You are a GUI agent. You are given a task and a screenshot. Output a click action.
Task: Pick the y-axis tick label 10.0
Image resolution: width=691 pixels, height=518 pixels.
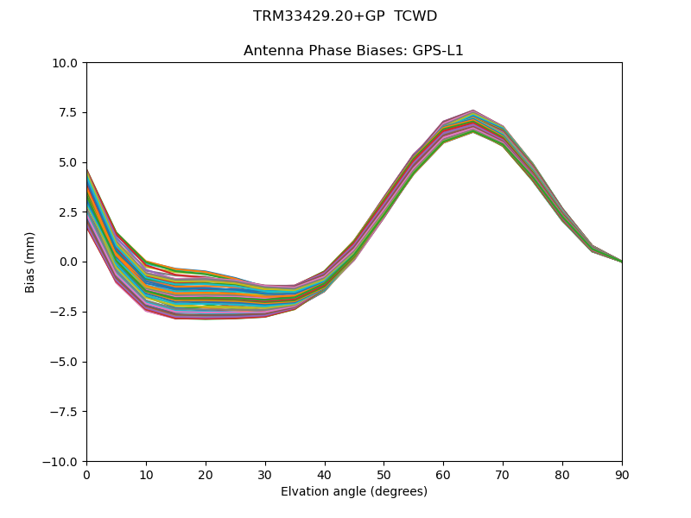point(66,63)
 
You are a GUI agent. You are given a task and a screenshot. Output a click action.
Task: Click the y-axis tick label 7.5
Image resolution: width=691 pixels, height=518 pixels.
point(69,113)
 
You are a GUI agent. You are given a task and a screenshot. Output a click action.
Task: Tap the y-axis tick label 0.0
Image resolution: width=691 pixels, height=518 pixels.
point(69,262)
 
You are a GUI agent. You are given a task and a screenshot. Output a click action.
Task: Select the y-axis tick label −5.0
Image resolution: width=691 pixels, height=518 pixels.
point(64,362)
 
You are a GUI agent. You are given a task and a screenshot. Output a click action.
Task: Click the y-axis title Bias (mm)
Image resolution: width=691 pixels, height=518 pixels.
point(30,262)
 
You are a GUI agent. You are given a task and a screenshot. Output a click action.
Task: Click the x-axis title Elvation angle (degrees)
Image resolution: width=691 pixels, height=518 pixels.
point(354,492)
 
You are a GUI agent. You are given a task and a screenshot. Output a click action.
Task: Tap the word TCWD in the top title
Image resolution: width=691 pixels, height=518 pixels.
point(415,16)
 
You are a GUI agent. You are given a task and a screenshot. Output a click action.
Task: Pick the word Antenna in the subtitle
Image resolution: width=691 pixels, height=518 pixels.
point(270,51)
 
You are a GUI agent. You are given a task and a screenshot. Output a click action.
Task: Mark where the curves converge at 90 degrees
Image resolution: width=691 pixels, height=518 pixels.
point(621,261)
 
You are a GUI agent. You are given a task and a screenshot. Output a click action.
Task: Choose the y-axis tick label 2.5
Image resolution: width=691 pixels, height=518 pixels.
point(69,212)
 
